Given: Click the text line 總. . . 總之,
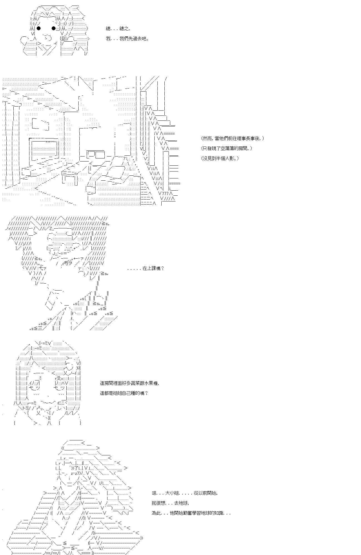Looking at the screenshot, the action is coord(117,29).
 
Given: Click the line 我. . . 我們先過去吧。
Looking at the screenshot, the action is coord(127,39).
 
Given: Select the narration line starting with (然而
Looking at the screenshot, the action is coord(232,138).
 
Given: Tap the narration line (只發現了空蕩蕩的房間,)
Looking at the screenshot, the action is coord(227,148).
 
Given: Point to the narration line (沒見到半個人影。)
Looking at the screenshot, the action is coord(220,158).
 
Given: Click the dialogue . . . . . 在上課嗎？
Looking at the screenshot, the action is coord(146,268).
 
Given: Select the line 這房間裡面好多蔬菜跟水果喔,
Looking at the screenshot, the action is coord(129,383).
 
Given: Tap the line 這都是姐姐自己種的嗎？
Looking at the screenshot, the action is coord(124,393).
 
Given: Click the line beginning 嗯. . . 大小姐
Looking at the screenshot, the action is coord(185,493).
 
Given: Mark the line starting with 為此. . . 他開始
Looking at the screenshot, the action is coord(191,513).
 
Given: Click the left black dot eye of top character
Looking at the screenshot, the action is coord(39,28).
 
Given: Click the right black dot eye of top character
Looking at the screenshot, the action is coord(54,28).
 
